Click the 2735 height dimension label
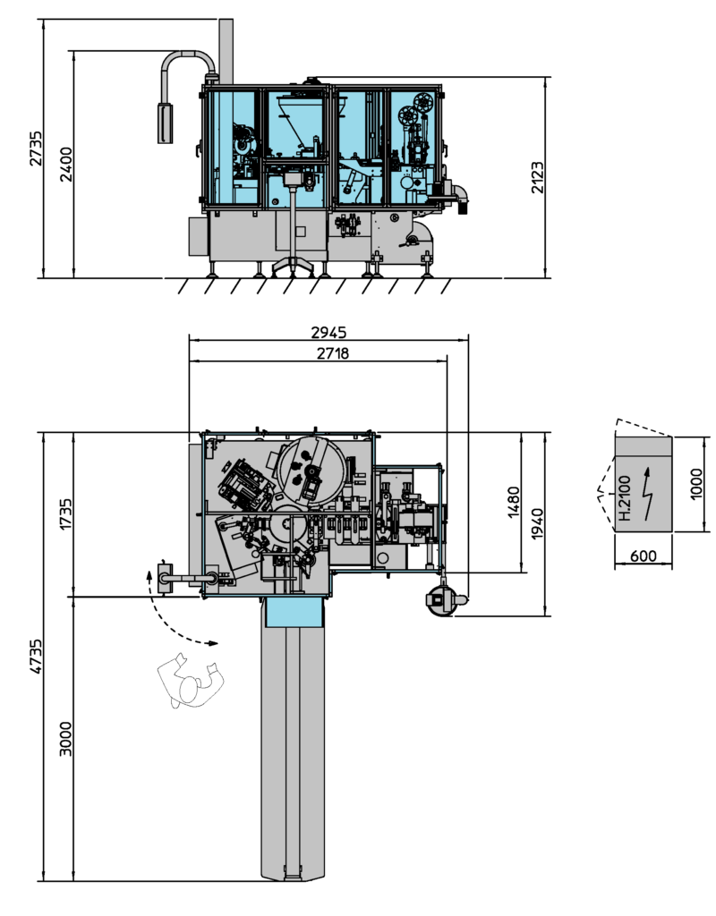pyautogui.click(x=35, y=148)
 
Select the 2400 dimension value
pyautogui.click(x=65, y=164)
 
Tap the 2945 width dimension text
pyautogui.click(x=328, y=332)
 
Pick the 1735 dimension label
pyautogui.click(x=65, y=515)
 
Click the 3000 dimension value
pyautogui.click(x=65, y=739)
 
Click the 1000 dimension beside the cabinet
pyautogui.click(x=697, y=484)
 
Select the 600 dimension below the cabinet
pyautogui.click(x=643, y=556)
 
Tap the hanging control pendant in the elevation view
pyautogui.click(x=165, y=123)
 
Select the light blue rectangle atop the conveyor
pyautogui.click(x=293, y=613)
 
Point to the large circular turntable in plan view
pyautogui.click(x=311, y=471)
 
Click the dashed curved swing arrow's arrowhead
pyautogui.click(x=211, y=642)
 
